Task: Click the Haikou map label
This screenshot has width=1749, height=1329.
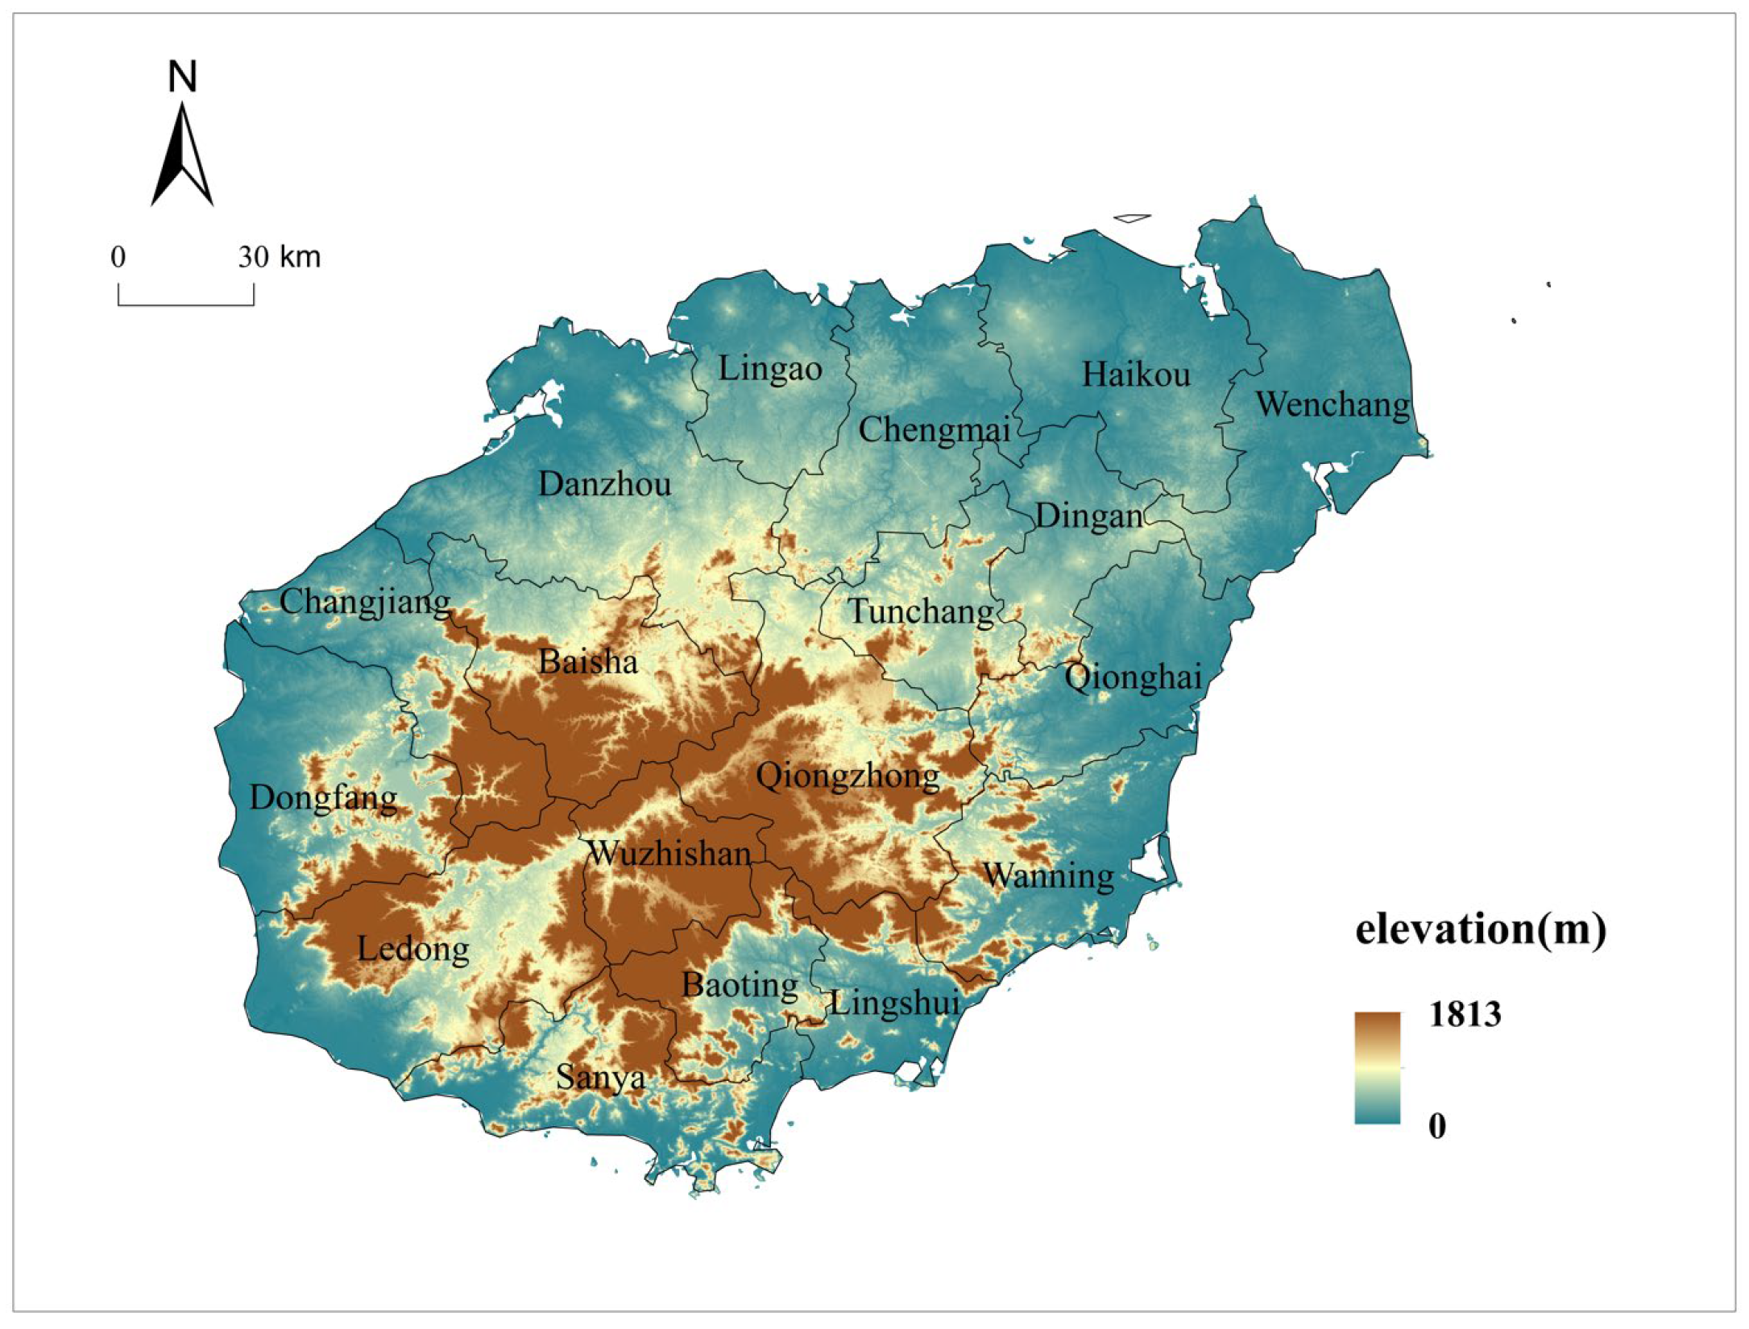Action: (x=1135, y=375)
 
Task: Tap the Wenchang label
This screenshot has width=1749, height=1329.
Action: (x=1333, y=404)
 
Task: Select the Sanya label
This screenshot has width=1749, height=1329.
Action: (x=600, y=1077)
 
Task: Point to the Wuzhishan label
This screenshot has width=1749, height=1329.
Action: (x=669, y=853)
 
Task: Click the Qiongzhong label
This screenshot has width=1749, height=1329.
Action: (x=848, y=776)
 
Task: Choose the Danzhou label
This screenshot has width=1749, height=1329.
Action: (x=604, y=484)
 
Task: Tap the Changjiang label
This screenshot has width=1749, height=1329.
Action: (x=365, y=602)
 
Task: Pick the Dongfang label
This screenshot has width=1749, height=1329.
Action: (x=323, y=798)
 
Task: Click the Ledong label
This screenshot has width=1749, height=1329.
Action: (x=412, y=949)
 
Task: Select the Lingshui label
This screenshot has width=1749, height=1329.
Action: (x=894, y=1004)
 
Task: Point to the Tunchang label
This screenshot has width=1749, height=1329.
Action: (x=921, y=611)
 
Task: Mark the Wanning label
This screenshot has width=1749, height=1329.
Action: (x=1048, y=876)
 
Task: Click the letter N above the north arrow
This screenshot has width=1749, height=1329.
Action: (x=182, y=77)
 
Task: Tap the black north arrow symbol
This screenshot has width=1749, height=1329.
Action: (x=182, y=157)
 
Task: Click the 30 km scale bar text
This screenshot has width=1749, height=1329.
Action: (x=279, y=257)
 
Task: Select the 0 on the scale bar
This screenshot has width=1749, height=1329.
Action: (x=118, y=257)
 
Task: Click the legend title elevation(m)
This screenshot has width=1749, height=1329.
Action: (x=1481, y=929)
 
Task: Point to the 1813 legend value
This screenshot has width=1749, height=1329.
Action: (x=1465, y=1014)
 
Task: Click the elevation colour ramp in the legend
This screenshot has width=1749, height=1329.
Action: (x=1377, y=1067)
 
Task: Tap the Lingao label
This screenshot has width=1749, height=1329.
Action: (x=769, y=369)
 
